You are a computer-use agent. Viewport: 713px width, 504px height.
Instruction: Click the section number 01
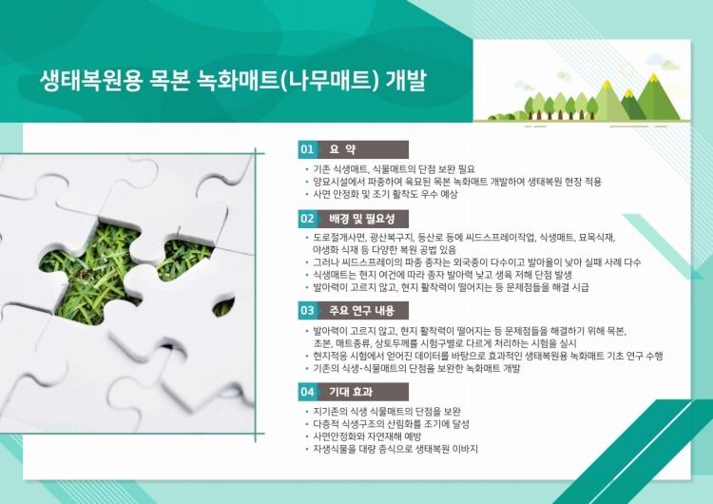(307, 149)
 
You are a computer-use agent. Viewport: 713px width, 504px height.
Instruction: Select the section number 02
(307, 219)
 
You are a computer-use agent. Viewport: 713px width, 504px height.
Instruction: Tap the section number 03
(307, 311)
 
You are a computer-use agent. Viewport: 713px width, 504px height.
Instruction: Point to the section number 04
(307, 392)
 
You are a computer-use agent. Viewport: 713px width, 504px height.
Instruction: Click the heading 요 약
(343, 149)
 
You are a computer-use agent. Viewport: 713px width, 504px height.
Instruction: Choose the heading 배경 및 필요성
(362, 219)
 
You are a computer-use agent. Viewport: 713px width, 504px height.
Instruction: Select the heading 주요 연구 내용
(362, 311)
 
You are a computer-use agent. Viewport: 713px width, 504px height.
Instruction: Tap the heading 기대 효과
(351, 392)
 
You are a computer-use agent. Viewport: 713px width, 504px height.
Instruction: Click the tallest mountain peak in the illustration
(654, 75)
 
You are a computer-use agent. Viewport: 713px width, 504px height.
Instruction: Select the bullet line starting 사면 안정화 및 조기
(385, 194)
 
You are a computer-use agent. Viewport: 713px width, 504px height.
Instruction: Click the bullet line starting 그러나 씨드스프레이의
(476, 262)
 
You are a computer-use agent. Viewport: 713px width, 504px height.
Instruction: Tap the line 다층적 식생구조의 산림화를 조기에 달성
(391, 424)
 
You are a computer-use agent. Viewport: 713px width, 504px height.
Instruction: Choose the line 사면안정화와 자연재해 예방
(367, 436)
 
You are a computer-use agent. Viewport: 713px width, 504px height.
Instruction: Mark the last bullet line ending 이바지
(395, 449)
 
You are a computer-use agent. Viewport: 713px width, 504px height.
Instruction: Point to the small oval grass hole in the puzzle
(223, 307)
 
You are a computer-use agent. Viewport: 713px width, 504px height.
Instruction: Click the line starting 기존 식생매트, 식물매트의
(394, 169)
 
